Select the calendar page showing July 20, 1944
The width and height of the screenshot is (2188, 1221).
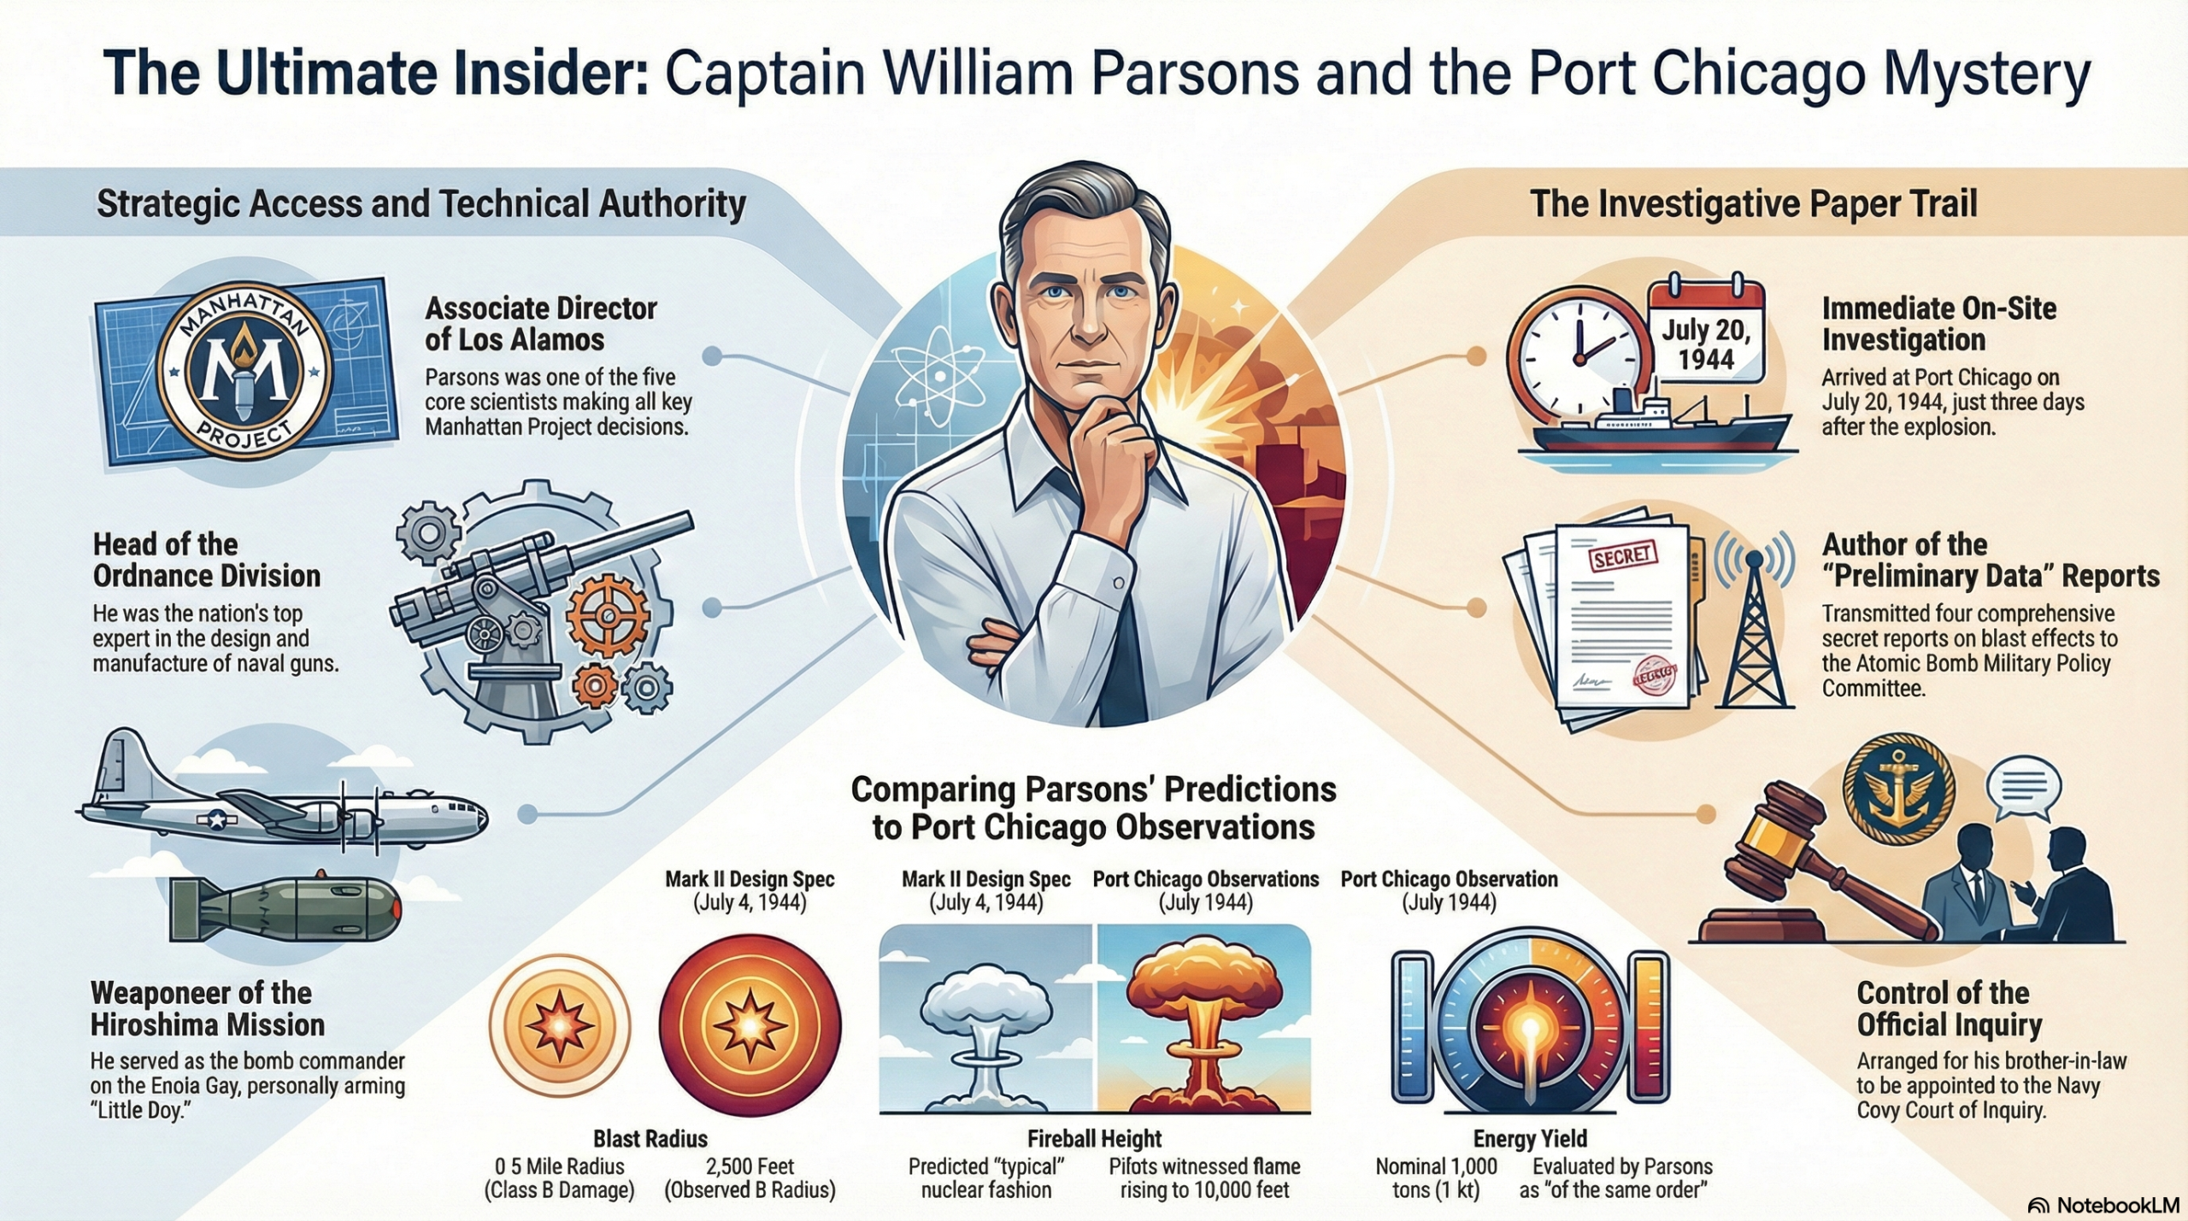tap(1706, 335)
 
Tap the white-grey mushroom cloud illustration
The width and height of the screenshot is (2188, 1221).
tap(987, 1025)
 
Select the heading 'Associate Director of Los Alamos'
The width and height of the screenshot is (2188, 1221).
tap(540, 324)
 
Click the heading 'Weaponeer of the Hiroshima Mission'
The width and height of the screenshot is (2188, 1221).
tap(208, 1008)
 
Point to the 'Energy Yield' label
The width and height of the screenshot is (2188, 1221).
tap(1530, 1139)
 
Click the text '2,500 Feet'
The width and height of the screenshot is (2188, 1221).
tap(750, 1166)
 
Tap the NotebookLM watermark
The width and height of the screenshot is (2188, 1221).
tap(2103, 1205)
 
